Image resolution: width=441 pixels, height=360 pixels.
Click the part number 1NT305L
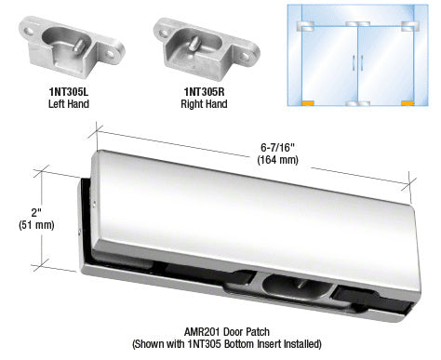coord(69,92)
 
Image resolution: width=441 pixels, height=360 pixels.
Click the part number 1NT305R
coord(204,92)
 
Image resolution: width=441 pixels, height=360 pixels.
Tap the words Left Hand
coord(69,103)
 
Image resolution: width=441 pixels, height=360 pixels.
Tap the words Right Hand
coord(204,103)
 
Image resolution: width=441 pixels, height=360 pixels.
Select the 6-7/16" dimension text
coord(277,148)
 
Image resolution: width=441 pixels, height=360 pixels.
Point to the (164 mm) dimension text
coord(277,159)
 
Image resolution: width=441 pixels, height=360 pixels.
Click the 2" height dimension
coord(36,213)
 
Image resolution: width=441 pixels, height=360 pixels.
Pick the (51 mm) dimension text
coord(36,224)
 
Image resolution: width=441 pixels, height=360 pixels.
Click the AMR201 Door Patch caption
coord(227,332)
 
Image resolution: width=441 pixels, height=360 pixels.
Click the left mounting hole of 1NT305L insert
coord(29,32)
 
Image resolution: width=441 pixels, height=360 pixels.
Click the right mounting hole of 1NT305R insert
coord(246,56)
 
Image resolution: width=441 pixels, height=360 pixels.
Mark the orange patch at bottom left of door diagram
coord(308,103)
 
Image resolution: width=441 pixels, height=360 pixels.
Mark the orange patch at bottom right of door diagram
coord(408,103)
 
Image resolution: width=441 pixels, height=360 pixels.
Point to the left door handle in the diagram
coord(354,62)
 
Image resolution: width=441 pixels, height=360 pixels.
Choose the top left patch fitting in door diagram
coord(306,26)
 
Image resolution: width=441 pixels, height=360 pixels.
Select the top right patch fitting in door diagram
coord(410,26)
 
